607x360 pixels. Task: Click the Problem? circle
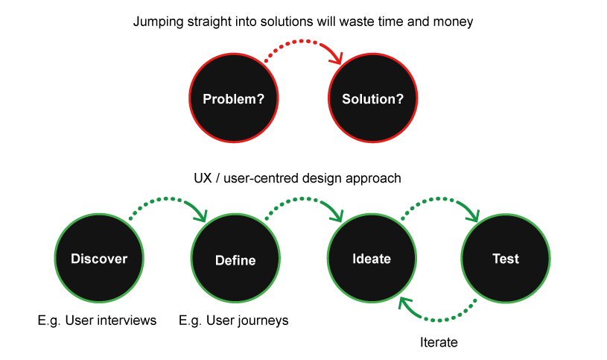coord(234,98)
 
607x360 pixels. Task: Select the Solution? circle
coord(373,98)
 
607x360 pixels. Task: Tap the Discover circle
coord(99,258)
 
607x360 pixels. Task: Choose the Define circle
coord(235,258)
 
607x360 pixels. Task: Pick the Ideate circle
coord(372,258)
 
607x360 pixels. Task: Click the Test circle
coord(506,258)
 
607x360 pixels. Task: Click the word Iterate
coord(439,342)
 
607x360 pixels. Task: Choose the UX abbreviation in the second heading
coord(203,178)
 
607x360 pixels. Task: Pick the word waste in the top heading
coord(354,22)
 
